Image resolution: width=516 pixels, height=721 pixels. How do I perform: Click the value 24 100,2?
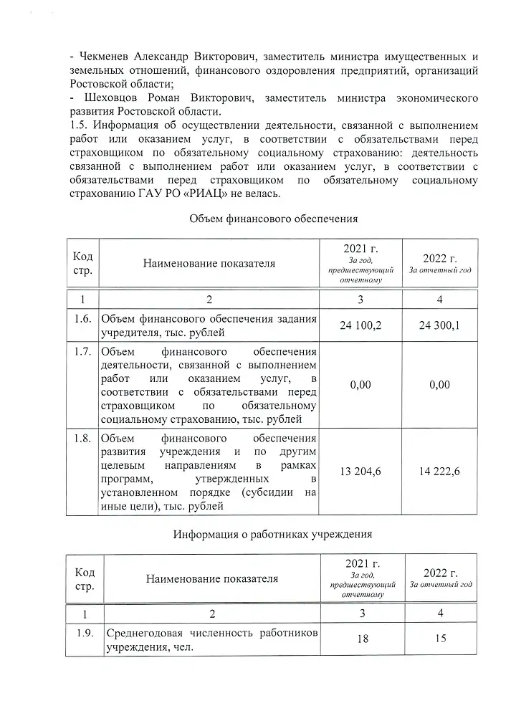tap(360, 326)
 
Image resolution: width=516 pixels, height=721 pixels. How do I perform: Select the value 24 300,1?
tap(440, 326)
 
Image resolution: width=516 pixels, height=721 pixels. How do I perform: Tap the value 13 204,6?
tap(360, 471)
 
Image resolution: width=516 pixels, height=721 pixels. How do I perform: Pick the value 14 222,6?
tap(440, 471)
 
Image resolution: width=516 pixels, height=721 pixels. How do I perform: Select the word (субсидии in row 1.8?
tap(267, 492)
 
